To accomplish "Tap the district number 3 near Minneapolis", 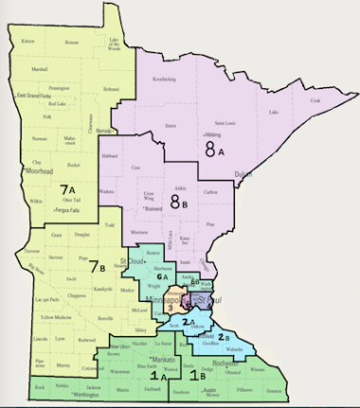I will pyautogui.click(x=170, y=308).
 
